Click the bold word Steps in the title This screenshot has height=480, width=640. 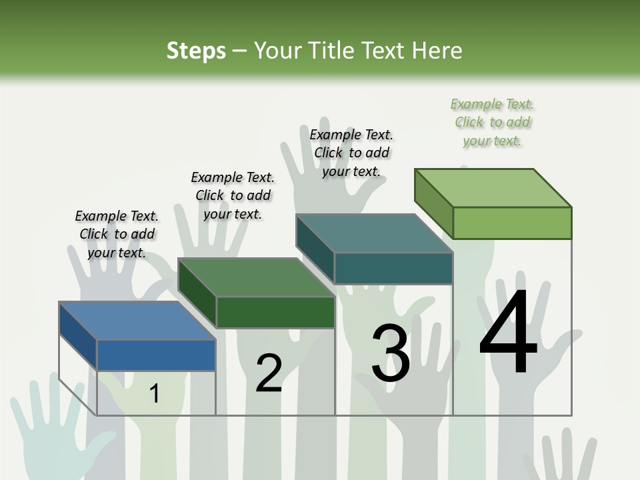point(196,51)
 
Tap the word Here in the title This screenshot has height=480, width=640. point(437,51)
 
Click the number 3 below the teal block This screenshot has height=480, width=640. point(391,353)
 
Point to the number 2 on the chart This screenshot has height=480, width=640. point(269,373)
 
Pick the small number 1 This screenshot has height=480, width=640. point(155,393)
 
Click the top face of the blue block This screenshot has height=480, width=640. point(137,321)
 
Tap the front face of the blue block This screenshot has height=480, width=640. point(156,355)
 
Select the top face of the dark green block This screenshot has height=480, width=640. point(256,277)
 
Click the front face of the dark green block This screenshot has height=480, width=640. point(275,312)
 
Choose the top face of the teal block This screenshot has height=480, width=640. point(374,233)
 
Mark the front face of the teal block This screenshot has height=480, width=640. point(393,268)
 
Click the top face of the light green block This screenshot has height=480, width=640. point(493,188)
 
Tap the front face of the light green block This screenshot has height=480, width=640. point(512,223)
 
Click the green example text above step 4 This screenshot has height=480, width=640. point(493,122)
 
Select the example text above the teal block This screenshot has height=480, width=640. point(352,153)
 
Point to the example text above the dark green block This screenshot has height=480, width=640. point(233,195)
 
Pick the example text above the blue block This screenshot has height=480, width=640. point(117,234)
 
